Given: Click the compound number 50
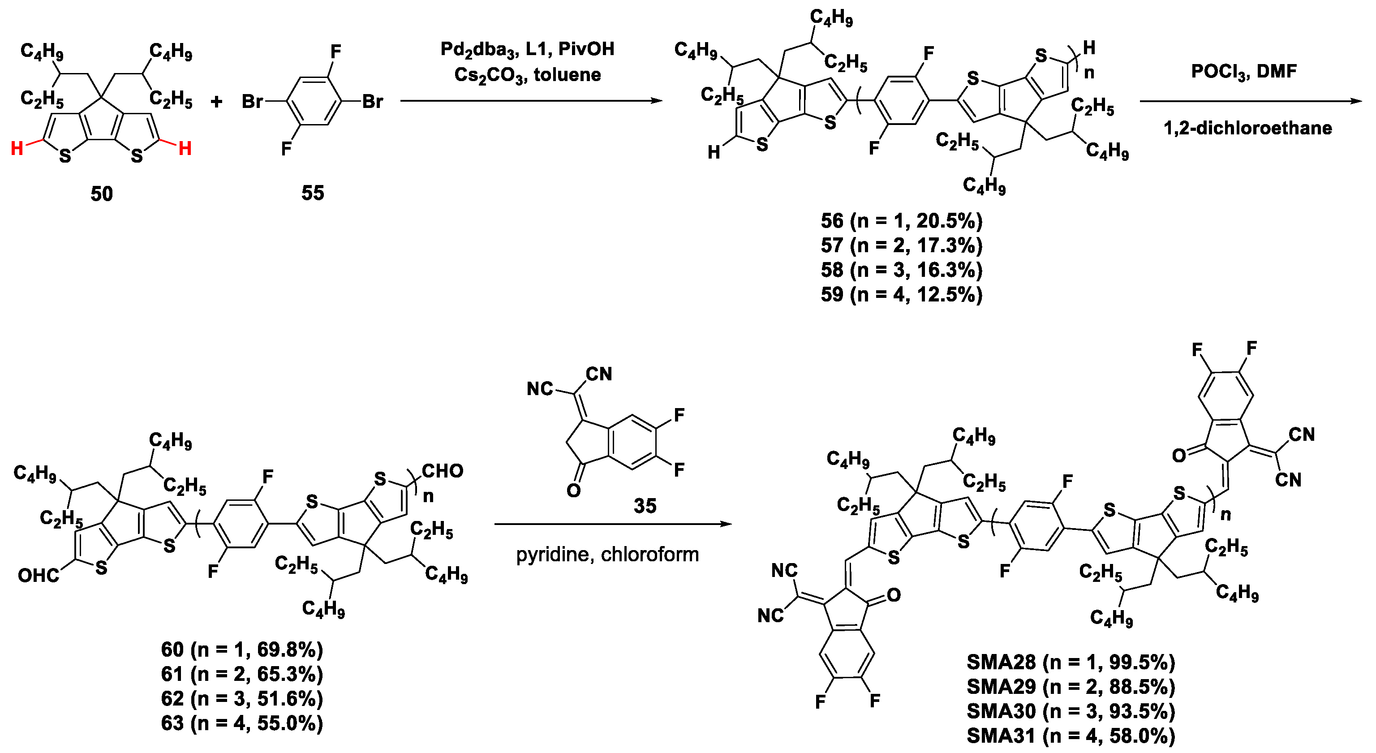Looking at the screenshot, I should pyautogui.click(x=102, y=194).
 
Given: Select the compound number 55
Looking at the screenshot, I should pyautogui.click(x=313, y=192).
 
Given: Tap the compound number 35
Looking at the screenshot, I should pyautogui.click(x=645, y=505).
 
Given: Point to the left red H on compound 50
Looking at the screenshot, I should pyautogui.click(x=17, y=148).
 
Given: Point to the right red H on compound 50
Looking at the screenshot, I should pyautogui.click(x=185, y=148).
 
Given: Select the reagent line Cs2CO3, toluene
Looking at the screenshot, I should pyautogui.click(x=527, y=75).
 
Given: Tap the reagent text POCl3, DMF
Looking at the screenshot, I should pyautogui.click(x=1243, y=72).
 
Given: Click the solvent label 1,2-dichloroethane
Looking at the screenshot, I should pyautogui.click(x=1248, y=128).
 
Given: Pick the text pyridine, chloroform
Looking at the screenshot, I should pyautogui.click(x=607, y=555).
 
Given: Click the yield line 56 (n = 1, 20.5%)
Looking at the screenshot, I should pyautogui.click(x=902, y=220).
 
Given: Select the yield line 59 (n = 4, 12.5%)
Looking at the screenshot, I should pyautogui.click(x=902, y=294).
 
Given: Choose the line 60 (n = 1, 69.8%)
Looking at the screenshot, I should pyautogui.click(x=242, y=650).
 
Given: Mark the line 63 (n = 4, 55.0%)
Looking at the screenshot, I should pyautogui.click(x=242, y=723).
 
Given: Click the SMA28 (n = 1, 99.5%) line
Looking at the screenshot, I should pyautogui.click(x=1071, y=662).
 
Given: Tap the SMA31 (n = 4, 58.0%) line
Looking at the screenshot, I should pyautogui.click(x=1071, y=736).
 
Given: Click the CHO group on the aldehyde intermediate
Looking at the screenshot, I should pyautogui.click(x=442, y=471).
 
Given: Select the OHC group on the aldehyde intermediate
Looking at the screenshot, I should pyautogui.click(x=39, y=575).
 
